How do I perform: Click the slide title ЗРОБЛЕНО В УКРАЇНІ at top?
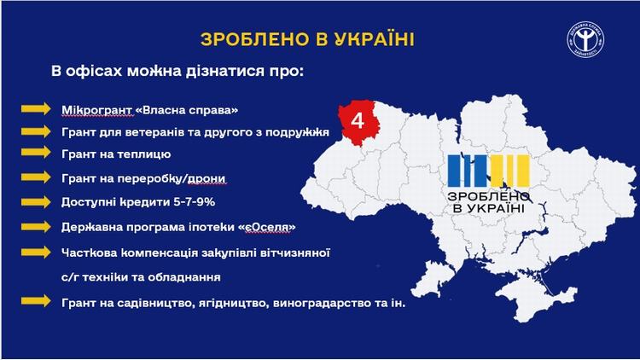pyautogui.click(x=307, y=39)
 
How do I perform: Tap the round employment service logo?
pyautogui.click(x=585, y=40)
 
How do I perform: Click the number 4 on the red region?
pyautogui.click(x=358, y=121)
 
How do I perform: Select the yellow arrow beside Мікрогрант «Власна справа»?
pyautogui.click(x=36, y=108)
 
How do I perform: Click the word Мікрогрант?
pyautogui.click(x=97, y=110)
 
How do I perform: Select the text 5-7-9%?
pyautogui.click(x=195, y=202)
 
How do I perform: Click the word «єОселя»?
pyautogui.click(x=266, y=227)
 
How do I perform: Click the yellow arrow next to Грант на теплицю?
pyautogui.click(x=36, y=152)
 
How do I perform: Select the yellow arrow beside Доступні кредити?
pyautogui.click(x=36, y=202)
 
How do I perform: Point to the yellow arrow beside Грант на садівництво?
pyautogui.click(x=36, y=301)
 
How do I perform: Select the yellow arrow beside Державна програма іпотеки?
pyautogui.click(x=36, y=227)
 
